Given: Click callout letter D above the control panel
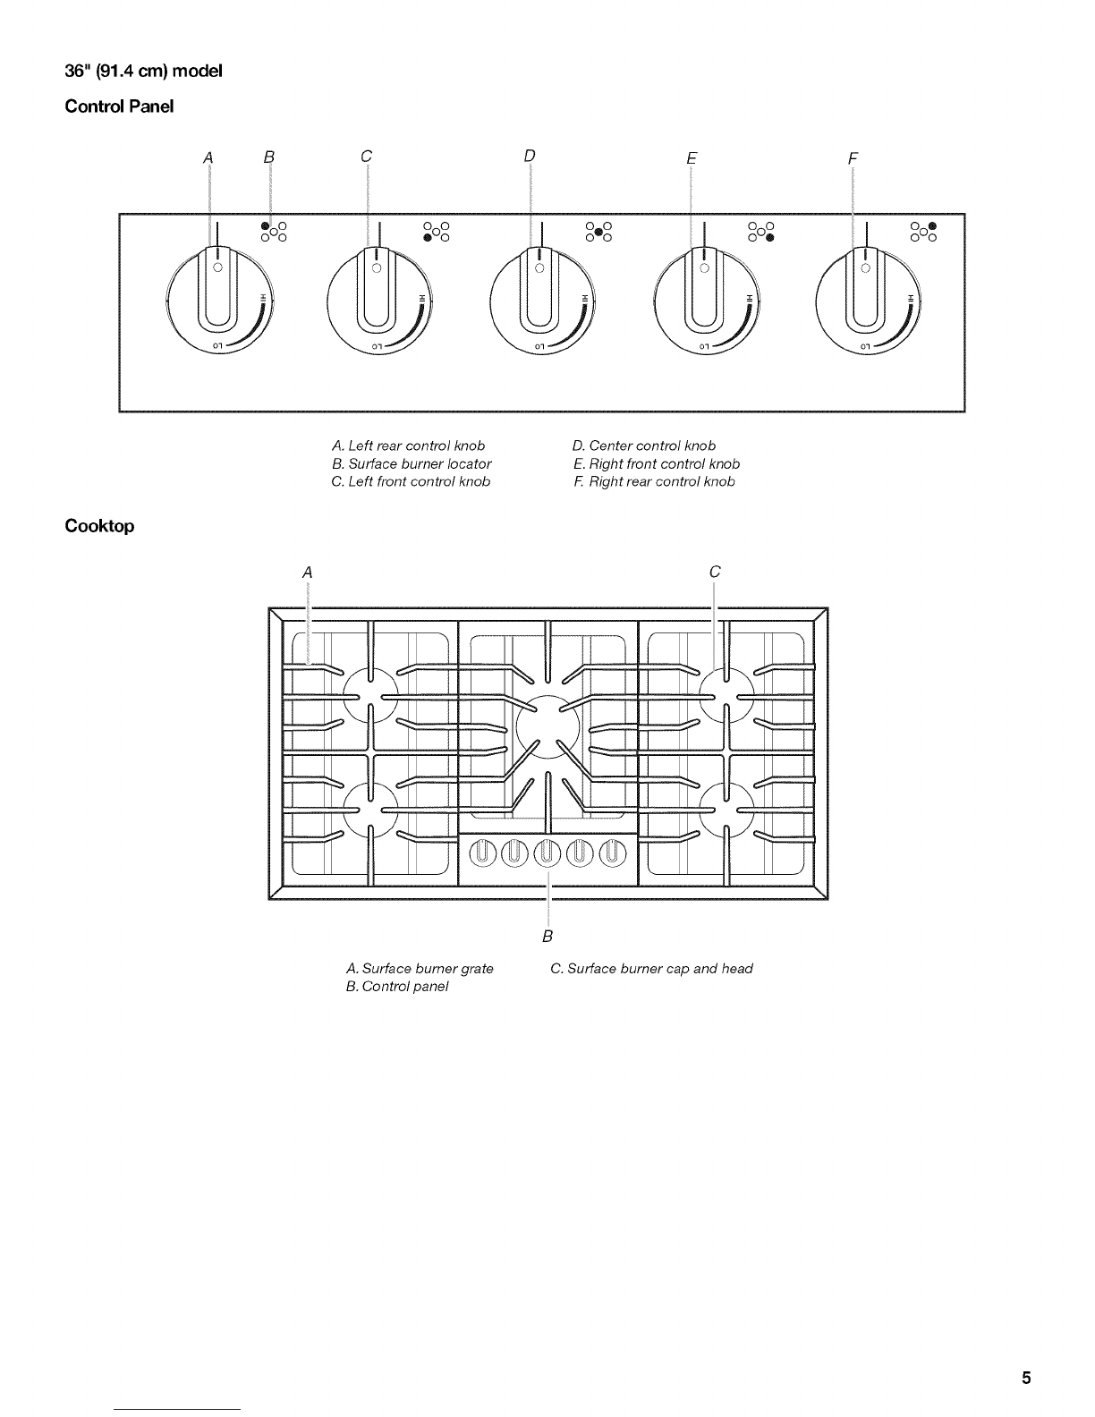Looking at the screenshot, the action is pos(530,156).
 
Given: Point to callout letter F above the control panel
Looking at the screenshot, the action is pos(853,158).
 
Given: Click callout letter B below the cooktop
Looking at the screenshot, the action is pos(547,936).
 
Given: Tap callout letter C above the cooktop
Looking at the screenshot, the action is pos(714,572).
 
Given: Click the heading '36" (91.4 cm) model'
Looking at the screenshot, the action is pos(144,71).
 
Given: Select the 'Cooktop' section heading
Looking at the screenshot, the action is pos(99,526).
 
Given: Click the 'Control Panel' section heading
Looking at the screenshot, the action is pos(119,106).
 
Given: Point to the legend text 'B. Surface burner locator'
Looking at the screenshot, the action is pos(411,463).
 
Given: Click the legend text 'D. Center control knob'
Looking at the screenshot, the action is pos(643,445).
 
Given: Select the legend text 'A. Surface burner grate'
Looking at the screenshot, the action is pos(419,968).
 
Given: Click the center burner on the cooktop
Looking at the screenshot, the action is pos(547,727).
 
